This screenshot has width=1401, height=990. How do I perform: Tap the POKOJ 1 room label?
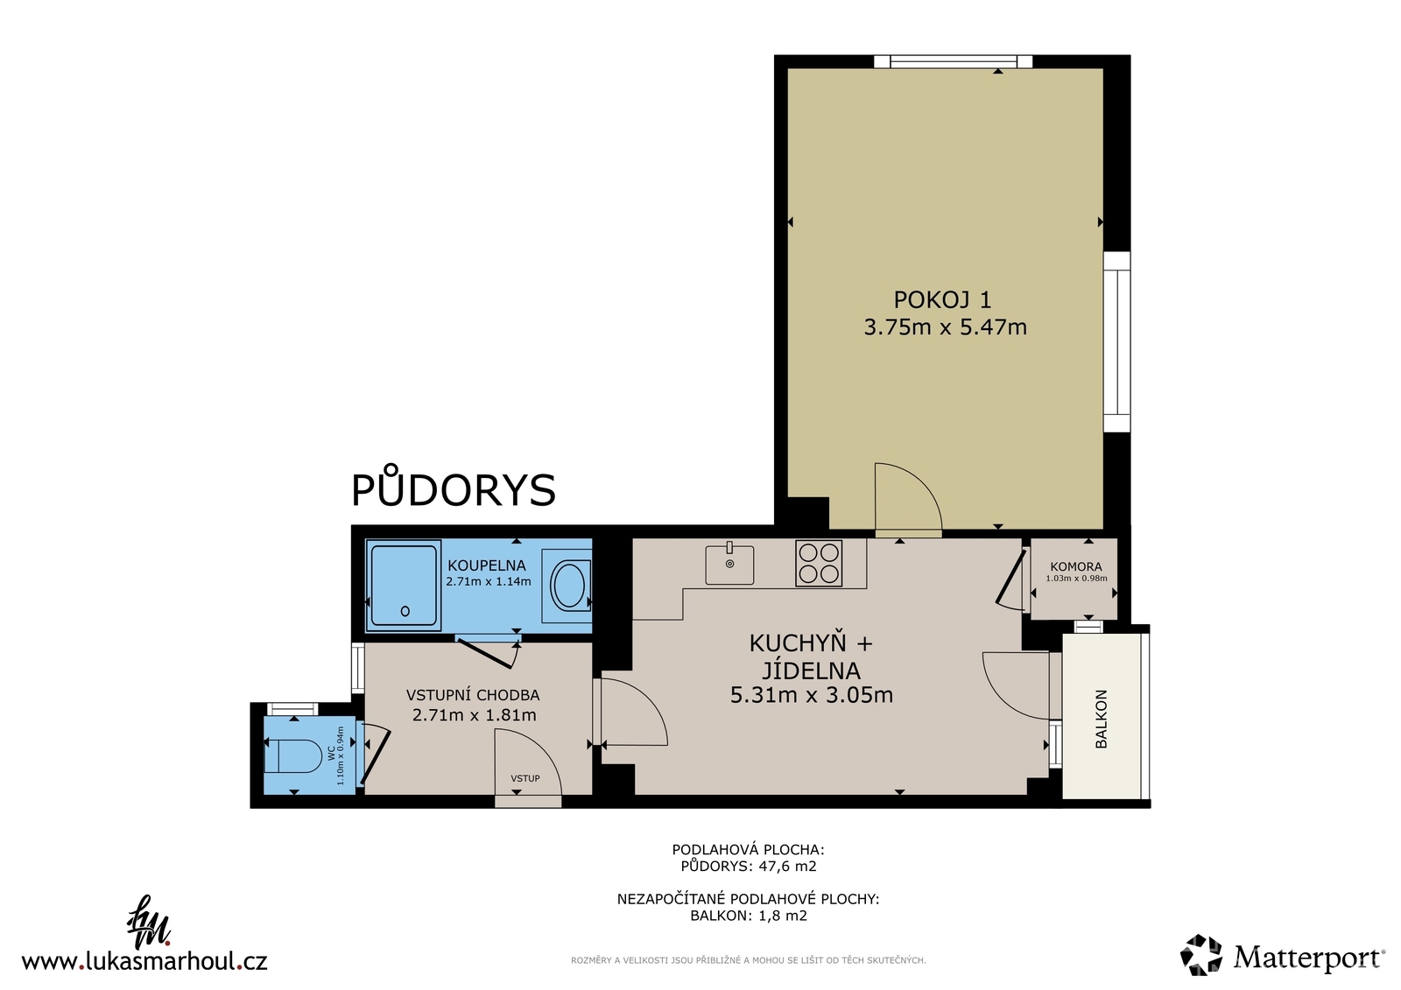click(x=942, y=300)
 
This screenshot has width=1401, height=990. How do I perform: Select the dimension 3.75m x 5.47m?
click(x=945, y=327)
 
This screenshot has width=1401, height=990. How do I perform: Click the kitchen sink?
click(x=729, y=564)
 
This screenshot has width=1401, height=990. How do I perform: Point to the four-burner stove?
click(x=819, y=563)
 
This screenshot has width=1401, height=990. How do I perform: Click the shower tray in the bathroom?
click(x=404, y=586)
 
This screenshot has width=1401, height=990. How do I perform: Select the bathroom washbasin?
click(x=568, y=586)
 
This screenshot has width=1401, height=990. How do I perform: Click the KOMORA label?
click(x=1076, y=567)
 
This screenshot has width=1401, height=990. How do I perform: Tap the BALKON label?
click(x=1102, y=719)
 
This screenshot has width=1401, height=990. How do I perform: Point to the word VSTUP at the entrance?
click(x=524, y=779)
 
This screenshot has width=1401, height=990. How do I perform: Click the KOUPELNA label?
click(x=487, y=565)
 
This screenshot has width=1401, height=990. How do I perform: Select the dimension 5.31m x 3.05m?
click(x=811, y=695)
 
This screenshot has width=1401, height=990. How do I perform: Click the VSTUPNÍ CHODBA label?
click(x=472, y=695)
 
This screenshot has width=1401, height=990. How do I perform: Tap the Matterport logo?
click(x=1282, y=956)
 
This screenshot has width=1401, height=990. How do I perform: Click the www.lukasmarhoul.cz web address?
click(x=144, y=960)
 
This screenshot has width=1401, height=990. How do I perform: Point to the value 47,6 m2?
click(x=787, y=867)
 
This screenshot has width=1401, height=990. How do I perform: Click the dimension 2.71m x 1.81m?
click(x=474, y=714)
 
